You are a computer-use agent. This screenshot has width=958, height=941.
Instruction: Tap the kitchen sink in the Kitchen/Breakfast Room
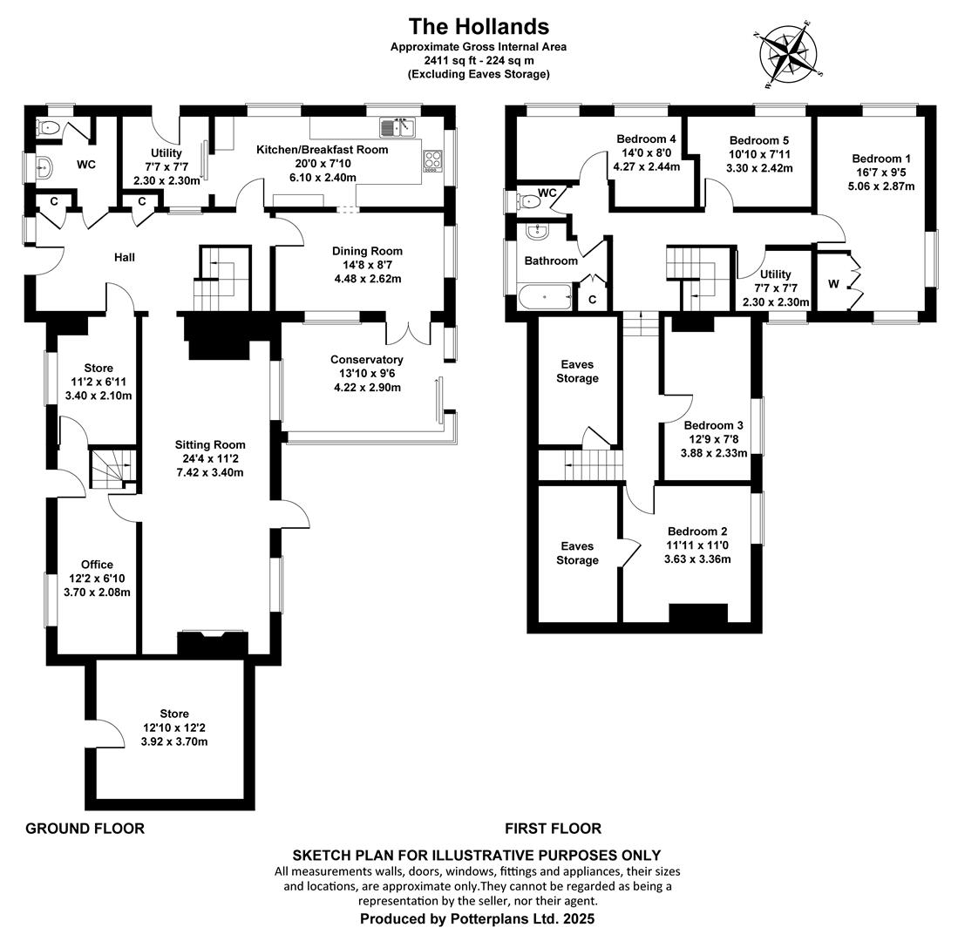point(397,127)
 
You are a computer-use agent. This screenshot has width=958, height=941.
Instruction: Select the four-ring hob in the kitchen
point(432,161)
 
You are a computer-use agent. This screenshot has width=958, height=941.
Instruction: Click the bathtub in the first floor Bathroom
point(545,297)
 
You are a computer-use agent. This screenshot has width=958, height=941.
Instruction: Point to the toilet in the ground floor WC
point(48,127)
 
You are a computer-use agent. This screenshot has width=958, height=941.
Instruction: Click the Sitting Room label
point(209,444)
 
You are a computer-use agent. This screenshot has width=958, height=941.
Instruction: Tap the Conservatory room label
point(367,360)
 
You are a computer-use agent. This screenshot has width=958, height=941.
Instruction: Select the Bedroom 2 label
point(697,531)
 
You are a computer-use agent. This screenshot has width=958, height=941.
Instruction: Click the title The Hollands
point(479,26)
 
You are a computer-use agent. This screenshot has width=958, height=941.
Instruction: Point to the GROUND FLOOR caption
point(85,829)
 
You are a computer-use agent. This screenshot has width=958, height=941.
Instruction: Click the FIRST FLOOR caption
point(553,829)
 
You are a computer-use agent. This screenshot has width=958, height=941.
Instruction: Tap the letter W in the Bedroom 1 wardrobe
point(833,284)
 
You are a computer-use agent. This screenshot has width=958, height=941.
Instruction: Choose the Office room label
point(97,565)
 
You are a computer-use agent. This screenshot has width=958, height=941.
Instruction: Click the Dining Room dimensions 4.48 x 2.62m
point(367,279)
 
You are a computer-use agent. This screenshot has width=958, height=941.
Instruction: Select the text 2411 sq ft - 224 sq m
point(479,60)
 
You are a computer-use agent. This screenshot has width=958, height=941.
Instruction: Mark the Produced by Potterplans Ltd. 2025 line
point(477,918)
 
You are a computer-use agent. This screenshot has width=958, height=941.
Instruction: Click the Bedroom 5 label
point(759,140)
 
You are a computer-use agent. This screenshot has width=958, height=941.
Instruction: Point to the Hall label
point(124,257)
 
